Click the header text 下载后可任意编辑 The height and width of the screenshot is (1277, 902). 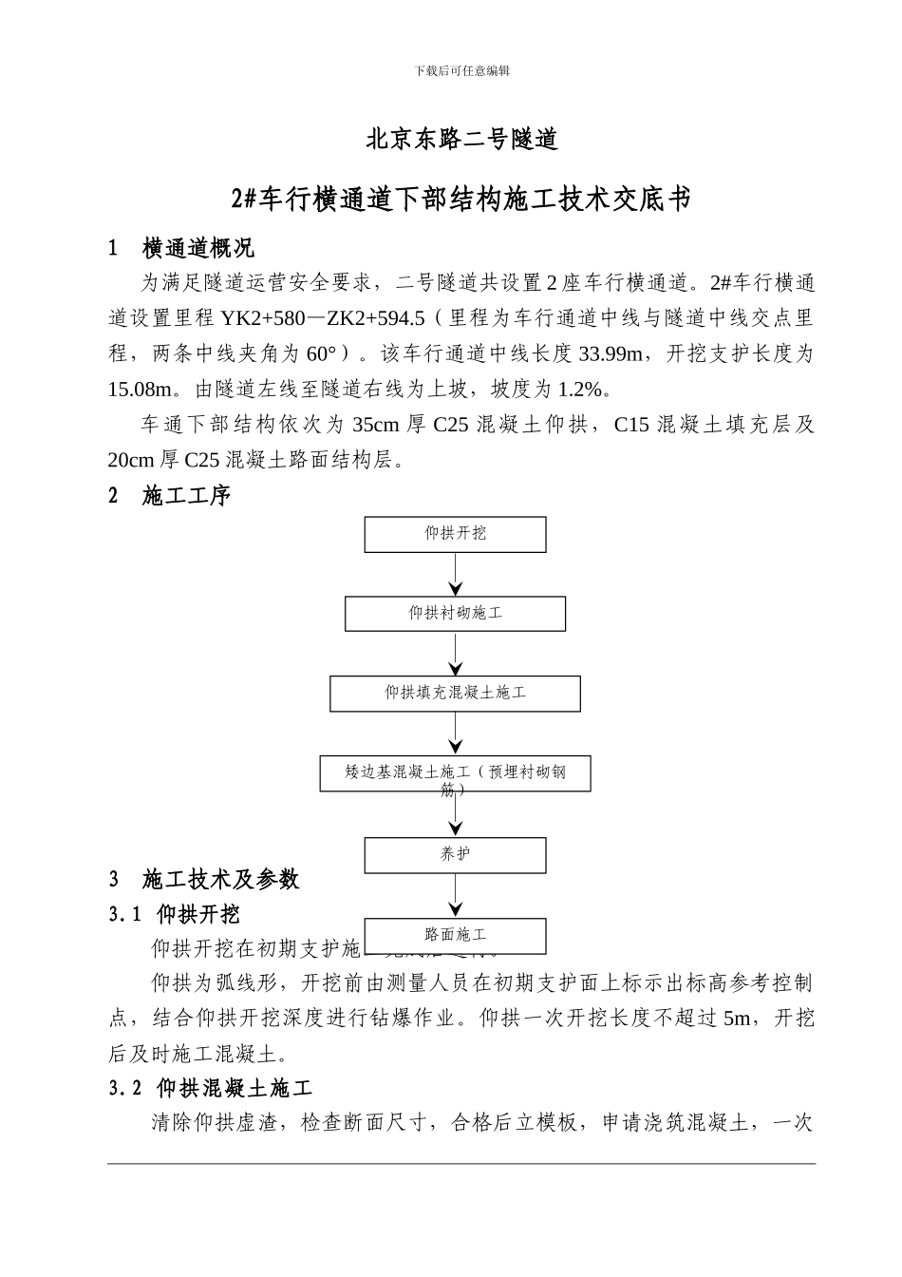[x=462, y=71]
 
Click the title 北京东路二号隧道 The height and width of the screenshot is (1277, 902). [x=462, y=140]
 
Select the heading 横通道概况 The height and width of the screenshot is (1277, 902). [x=197, y=249]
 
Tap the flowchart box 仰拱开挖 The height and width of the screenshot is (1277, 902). [x=455, y=534]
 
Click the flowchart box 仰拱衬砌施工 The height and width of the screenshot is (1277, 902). [x=455, y=614]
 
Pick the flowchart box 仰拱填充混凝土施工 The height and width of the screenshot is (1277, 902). [x=455, y=694]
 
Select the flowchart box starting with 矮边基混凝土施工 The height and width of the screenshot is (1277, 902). [x=455, y=774]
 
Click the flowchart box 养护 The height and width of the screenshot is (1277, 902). [x=455, y=855]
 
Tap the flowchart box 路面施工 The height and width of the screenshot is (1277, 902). [x=455, y=936]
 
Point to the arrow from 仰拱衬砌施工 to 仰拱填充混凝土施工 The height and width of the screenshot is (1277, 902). [x=457, y=654]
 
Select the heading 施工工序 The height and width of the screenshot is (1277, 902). [x=186, y=496]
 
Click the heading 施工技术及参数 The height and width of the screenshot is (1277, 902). [x=220, y=879]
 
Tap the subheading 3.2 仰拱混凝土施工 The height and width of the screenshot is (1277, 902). [x=210, y=1088]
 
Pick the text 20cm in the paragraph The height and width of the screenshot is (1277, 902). [x=132, y=461]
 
